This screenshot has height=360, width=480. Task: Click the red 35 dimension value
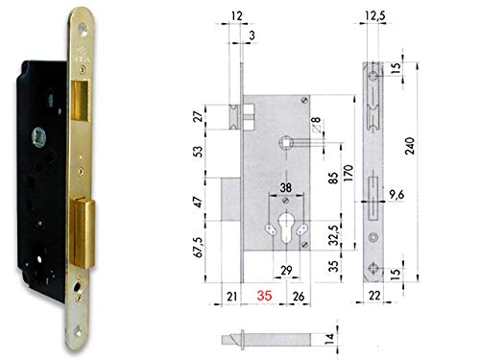click(264, 296)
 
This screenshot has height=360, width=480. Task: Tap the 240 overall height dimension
click(410, 146)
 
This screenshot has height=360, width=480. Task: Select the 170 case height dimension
click(348, 173)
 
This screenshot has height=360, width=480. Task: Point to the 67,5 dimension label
click(199, 248)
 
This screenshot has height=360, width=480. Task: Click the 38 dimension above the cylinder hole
click(286, 187)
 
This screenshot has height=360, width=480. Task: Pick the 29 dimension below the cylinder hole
click(286, 271)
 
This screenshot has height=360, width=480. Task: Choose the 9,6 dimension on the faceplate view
click(396, 195)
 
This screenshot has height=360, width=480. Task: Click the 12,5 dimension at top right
click(374, 15)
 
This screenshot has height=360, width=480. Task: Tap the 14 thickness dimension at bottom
click(329, 338)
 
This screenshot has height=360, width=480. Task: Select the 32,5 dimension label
click(333, 235)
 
